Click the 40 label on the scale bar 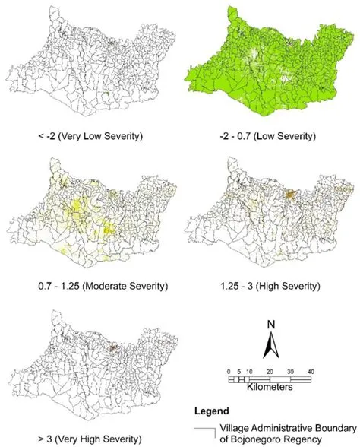[x=308, y=370]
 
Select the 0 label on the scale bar [x=229, y=370]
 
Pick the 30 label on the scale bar [x=289, y=370]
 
